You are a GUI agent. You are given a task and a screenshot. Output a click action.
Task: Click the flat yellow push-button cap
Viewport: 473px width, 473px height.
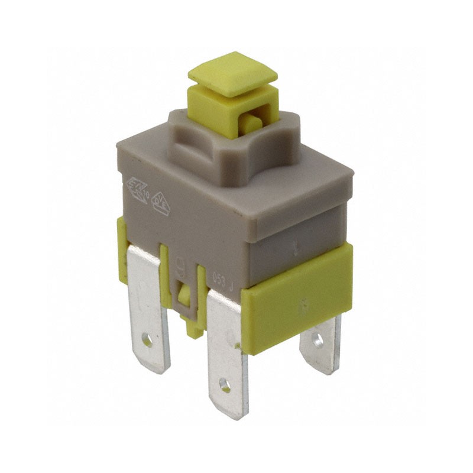(232, 74)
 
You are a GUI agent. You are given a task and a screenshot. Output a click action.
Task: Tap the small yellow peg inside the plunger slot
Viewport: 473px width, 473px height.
(251, 124)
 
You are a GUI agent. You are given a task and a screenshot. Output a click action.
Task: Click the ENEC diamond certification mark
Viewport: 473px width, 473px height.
(137, 190)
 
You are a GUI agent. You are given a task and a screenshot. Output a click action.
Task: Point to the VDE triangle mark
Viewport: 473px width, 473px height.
(161, 203)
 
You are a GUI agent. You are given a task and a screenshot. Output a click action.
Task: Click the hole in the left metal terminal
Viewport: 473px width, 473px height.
(147, 341)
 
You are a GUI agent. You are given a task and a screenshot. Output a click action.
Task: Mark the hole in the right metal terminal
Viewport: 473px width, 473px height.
(318, 339)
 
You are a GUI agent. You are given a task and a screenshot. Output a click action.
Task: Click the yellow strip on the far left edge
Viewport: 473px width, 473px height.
(122, 248)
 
